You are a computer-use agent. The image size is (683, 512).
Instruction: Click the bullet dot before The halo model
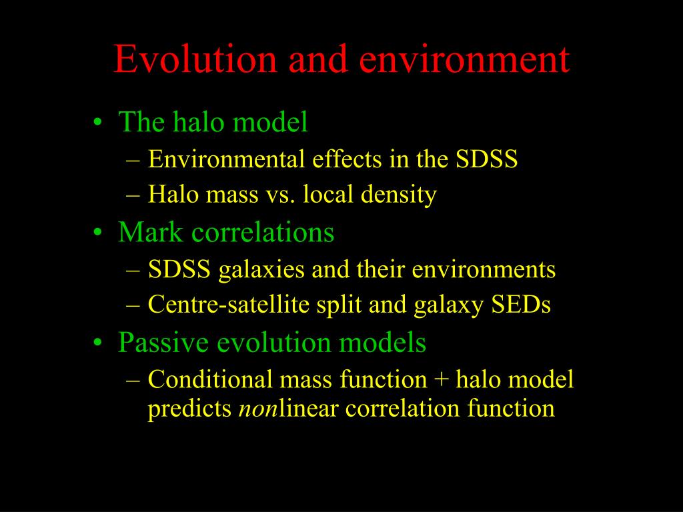coord(99,123)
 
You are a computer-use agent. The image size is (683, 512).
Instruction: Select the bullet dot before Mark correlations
coord(99,233)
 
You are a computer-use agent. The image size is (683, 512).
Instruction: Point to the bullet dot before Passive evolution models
coord(99,343)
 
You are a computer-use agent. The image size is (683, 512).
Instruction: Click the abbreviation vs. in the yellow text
coord(280,195)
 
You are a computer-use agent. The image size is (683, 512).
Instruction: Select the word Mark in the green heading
coord(151,233)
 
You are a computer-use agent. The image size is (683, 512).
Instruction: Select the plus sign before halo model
coord(441,380)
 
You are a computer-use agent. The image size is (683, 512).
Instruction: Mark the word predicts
coord(189,409)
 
